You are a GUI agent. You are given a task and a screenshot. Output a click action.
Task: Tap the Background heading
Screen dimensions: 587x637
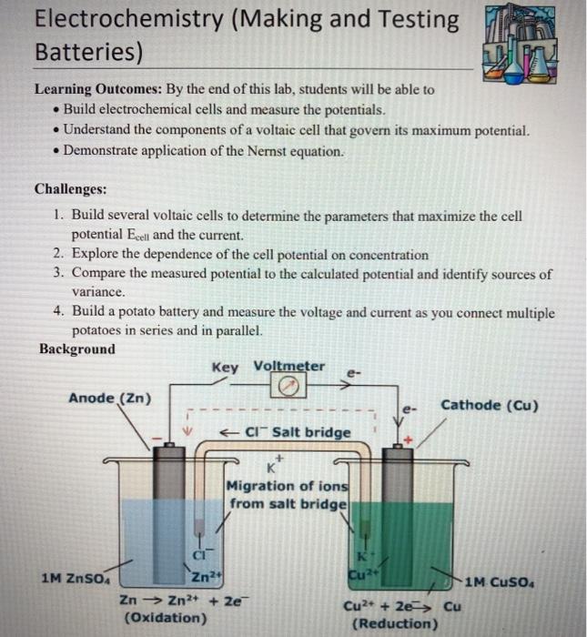point(77,349)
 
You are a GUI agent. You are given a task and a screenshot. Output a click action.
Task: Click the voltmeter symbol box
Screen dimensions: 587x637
point(288,386)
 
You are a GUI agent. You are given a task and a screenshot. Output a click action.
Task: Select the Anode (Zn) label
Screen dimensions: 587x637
point(110,398)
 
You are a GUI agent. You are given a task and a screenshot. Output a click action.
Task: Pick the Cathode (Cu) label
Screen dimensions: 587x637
point(489,405)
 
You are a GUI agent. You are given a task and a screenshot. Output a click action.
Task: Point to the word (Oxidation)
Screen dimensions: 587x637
point(165,618)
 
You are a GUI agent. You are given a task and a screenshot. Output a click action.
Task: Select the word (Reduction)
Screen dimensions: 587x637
point(394,624)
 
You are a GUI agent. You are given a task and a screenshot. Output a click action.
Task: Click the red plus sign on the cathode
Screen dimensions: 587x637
point(409,439)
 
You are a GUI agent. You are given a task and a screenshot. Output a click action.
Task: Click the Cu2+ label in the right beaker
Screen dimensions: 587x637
point(359,574)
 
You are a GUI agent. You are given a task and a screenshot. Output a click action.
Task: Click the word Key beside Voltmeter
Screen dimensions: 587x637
point(224,367)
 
